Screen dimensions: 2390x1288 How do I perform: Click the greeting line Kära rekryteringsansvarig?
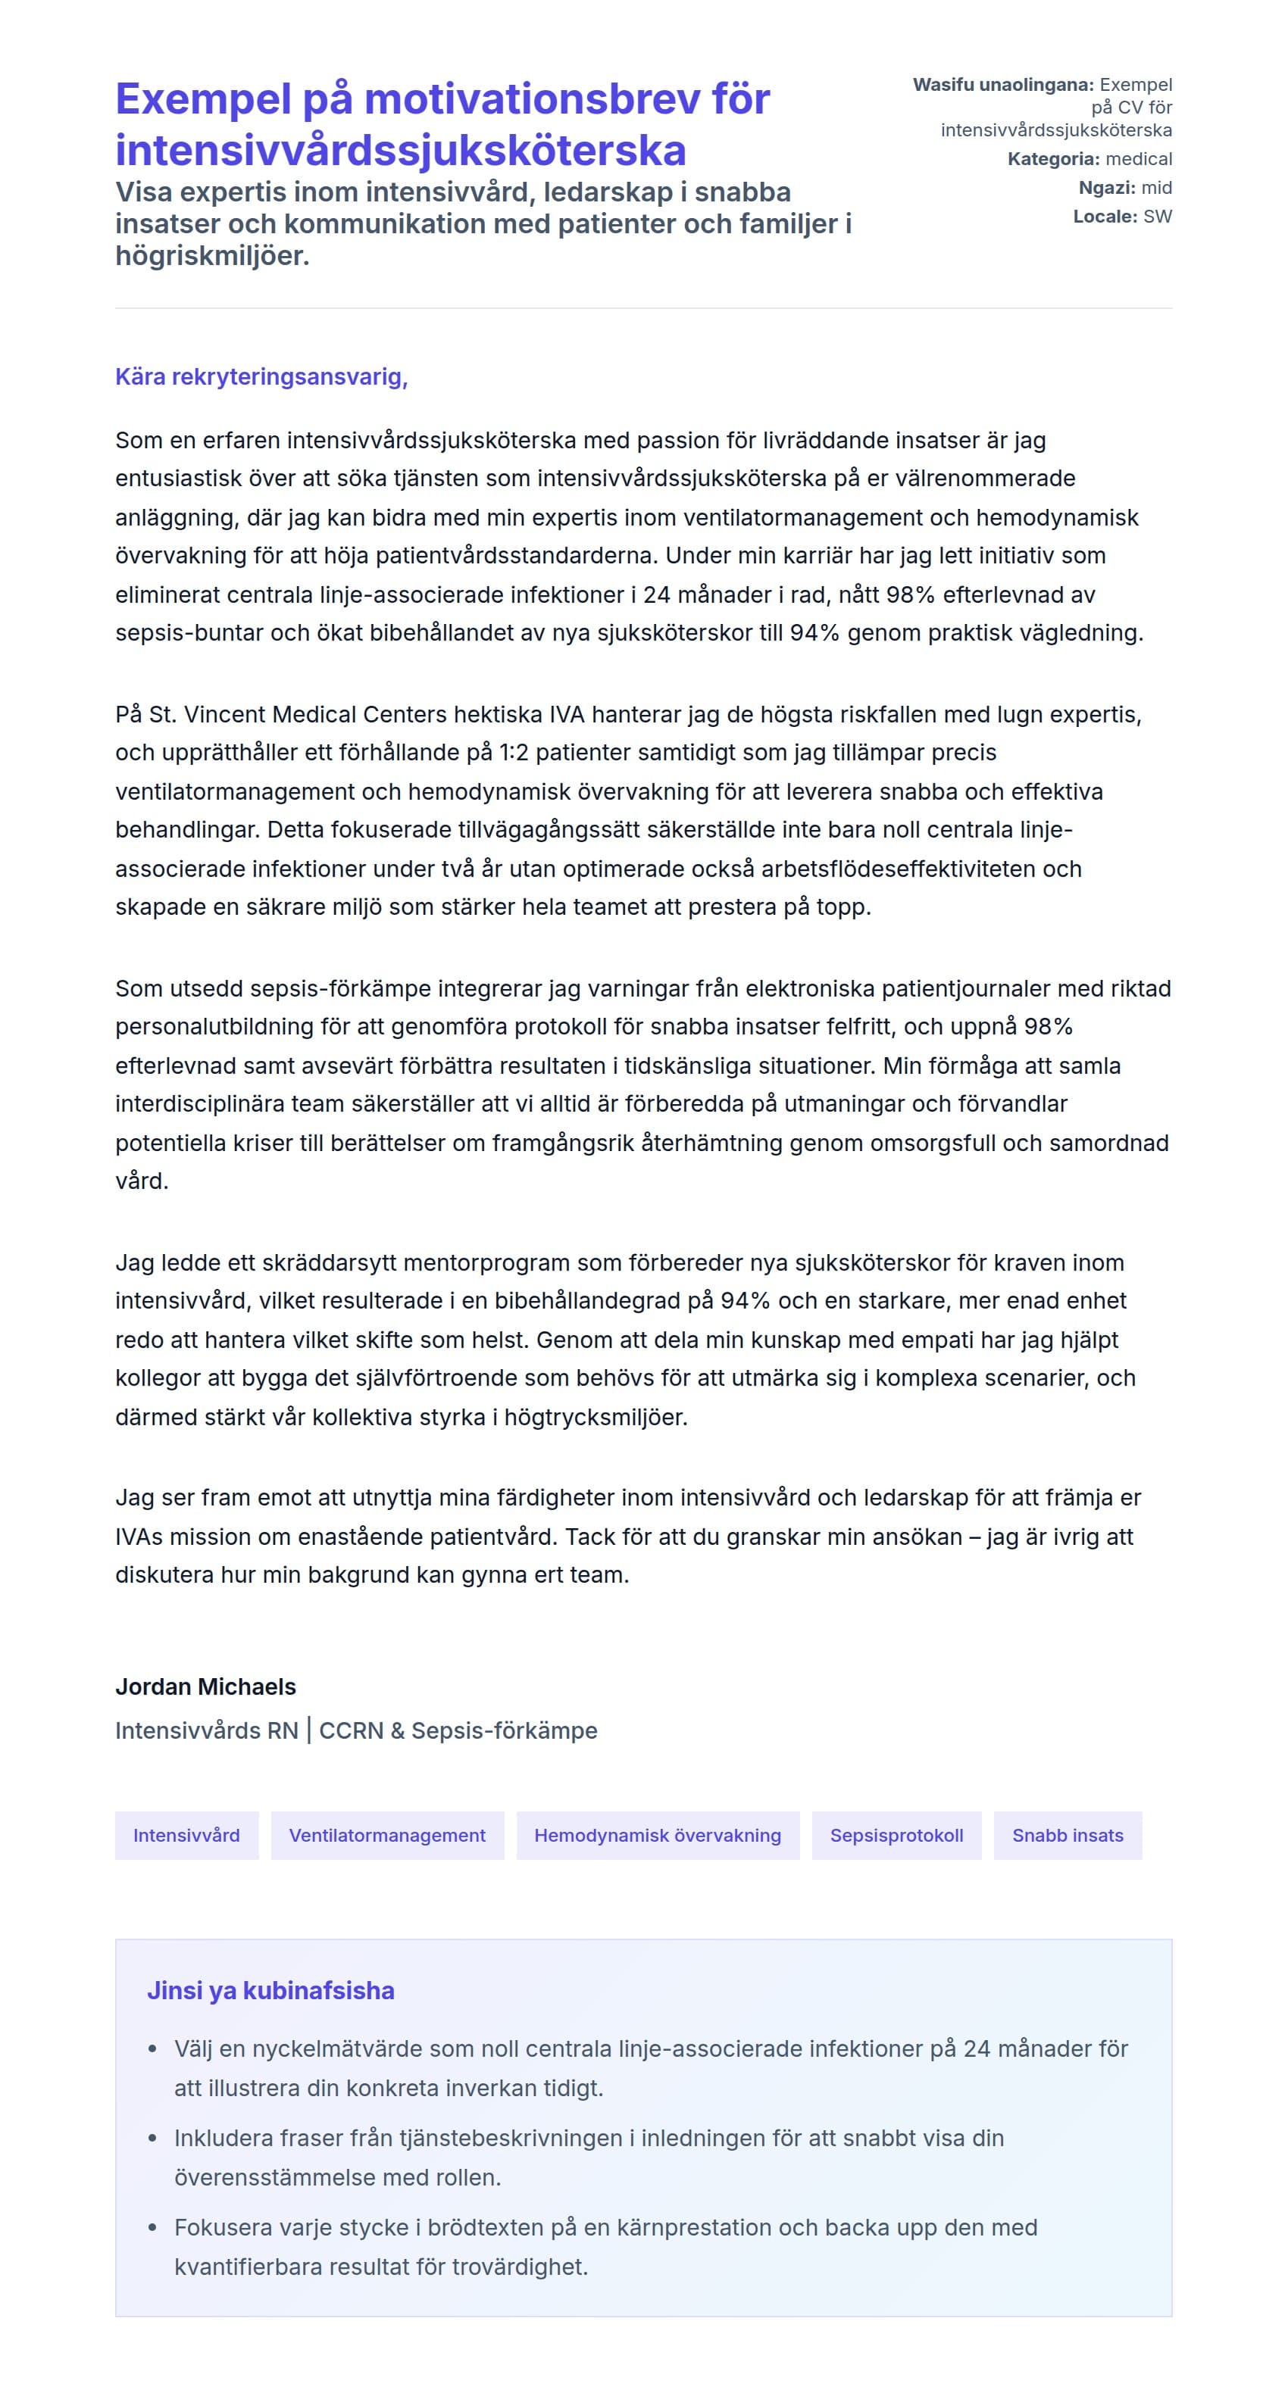(x=261, y=376)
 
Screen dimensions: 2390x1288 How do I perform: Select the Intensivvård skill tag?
(x=186, y=1835)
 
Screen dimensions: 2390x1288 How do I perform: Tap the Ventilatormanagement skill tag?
(x=387, y=1835)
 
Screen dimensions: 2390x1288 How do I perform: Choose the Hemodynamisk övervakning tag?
(x=657, y=1835)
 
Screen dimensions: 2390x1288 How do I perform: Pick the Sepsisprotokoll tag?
(x=896, y=1835)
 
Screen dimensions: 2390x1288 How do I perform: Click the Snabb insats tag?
(x=1068, y=1835)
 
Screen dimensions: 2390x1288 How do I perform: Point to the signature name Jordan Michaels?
(x=205, y=1686)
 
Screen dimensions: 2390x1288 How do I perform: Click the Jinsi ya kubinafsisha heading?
(x=270, y=1990)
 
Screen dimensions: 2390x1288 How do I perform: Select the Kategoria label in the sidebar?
(x=1053, y=159)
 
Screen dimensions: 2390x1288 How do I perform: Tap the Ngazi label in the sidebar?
(x=1106, y=187)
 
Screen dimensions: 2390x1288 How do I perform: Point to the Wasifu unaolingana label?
(x=1003, y=84)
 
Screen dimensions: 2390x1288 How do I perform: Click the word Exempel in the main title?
(x=202, y=99)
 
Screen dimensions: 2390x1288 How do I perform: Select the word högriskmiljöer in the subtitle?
(x=211, y=255)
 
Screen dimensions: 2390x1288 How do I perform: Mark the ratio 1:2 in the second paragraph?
(x=513, y=753)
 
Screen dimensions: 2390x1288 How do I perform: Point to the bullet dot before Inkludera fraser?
(x=153, y=2139)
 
